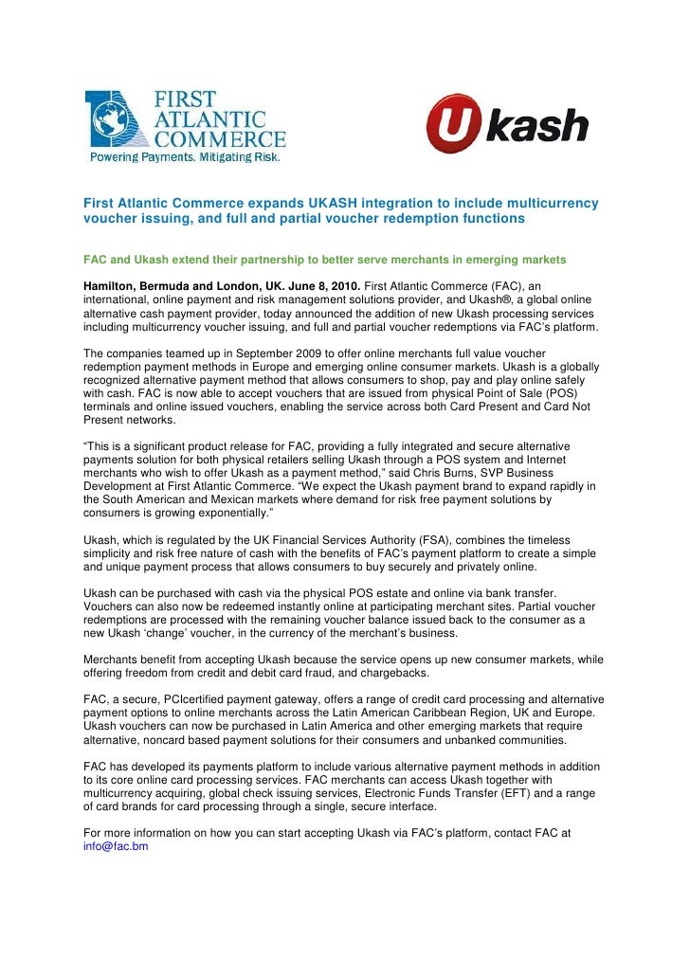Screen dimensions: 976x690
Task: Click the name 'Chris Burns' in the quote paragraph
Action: (x=482, y=471)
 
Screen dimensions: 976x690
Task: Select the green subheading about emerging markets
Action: (x=325, y=258)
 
